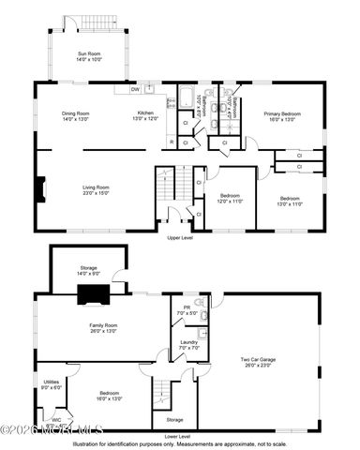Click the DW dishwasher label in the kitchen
tap(136, 90)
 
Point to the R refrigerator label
tap(171, 142)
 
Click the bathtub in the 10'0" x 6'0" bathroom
tap(186, 97)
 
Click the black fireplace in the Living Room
tap(39, 190)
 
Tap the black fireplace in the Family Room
tap(93, 296)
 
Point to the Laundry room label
tap(187, 343)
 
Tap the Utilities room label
tap(52, 382)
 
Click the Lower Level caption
tap(176, 436)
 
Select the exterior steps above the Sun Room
tap(92, 22)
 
